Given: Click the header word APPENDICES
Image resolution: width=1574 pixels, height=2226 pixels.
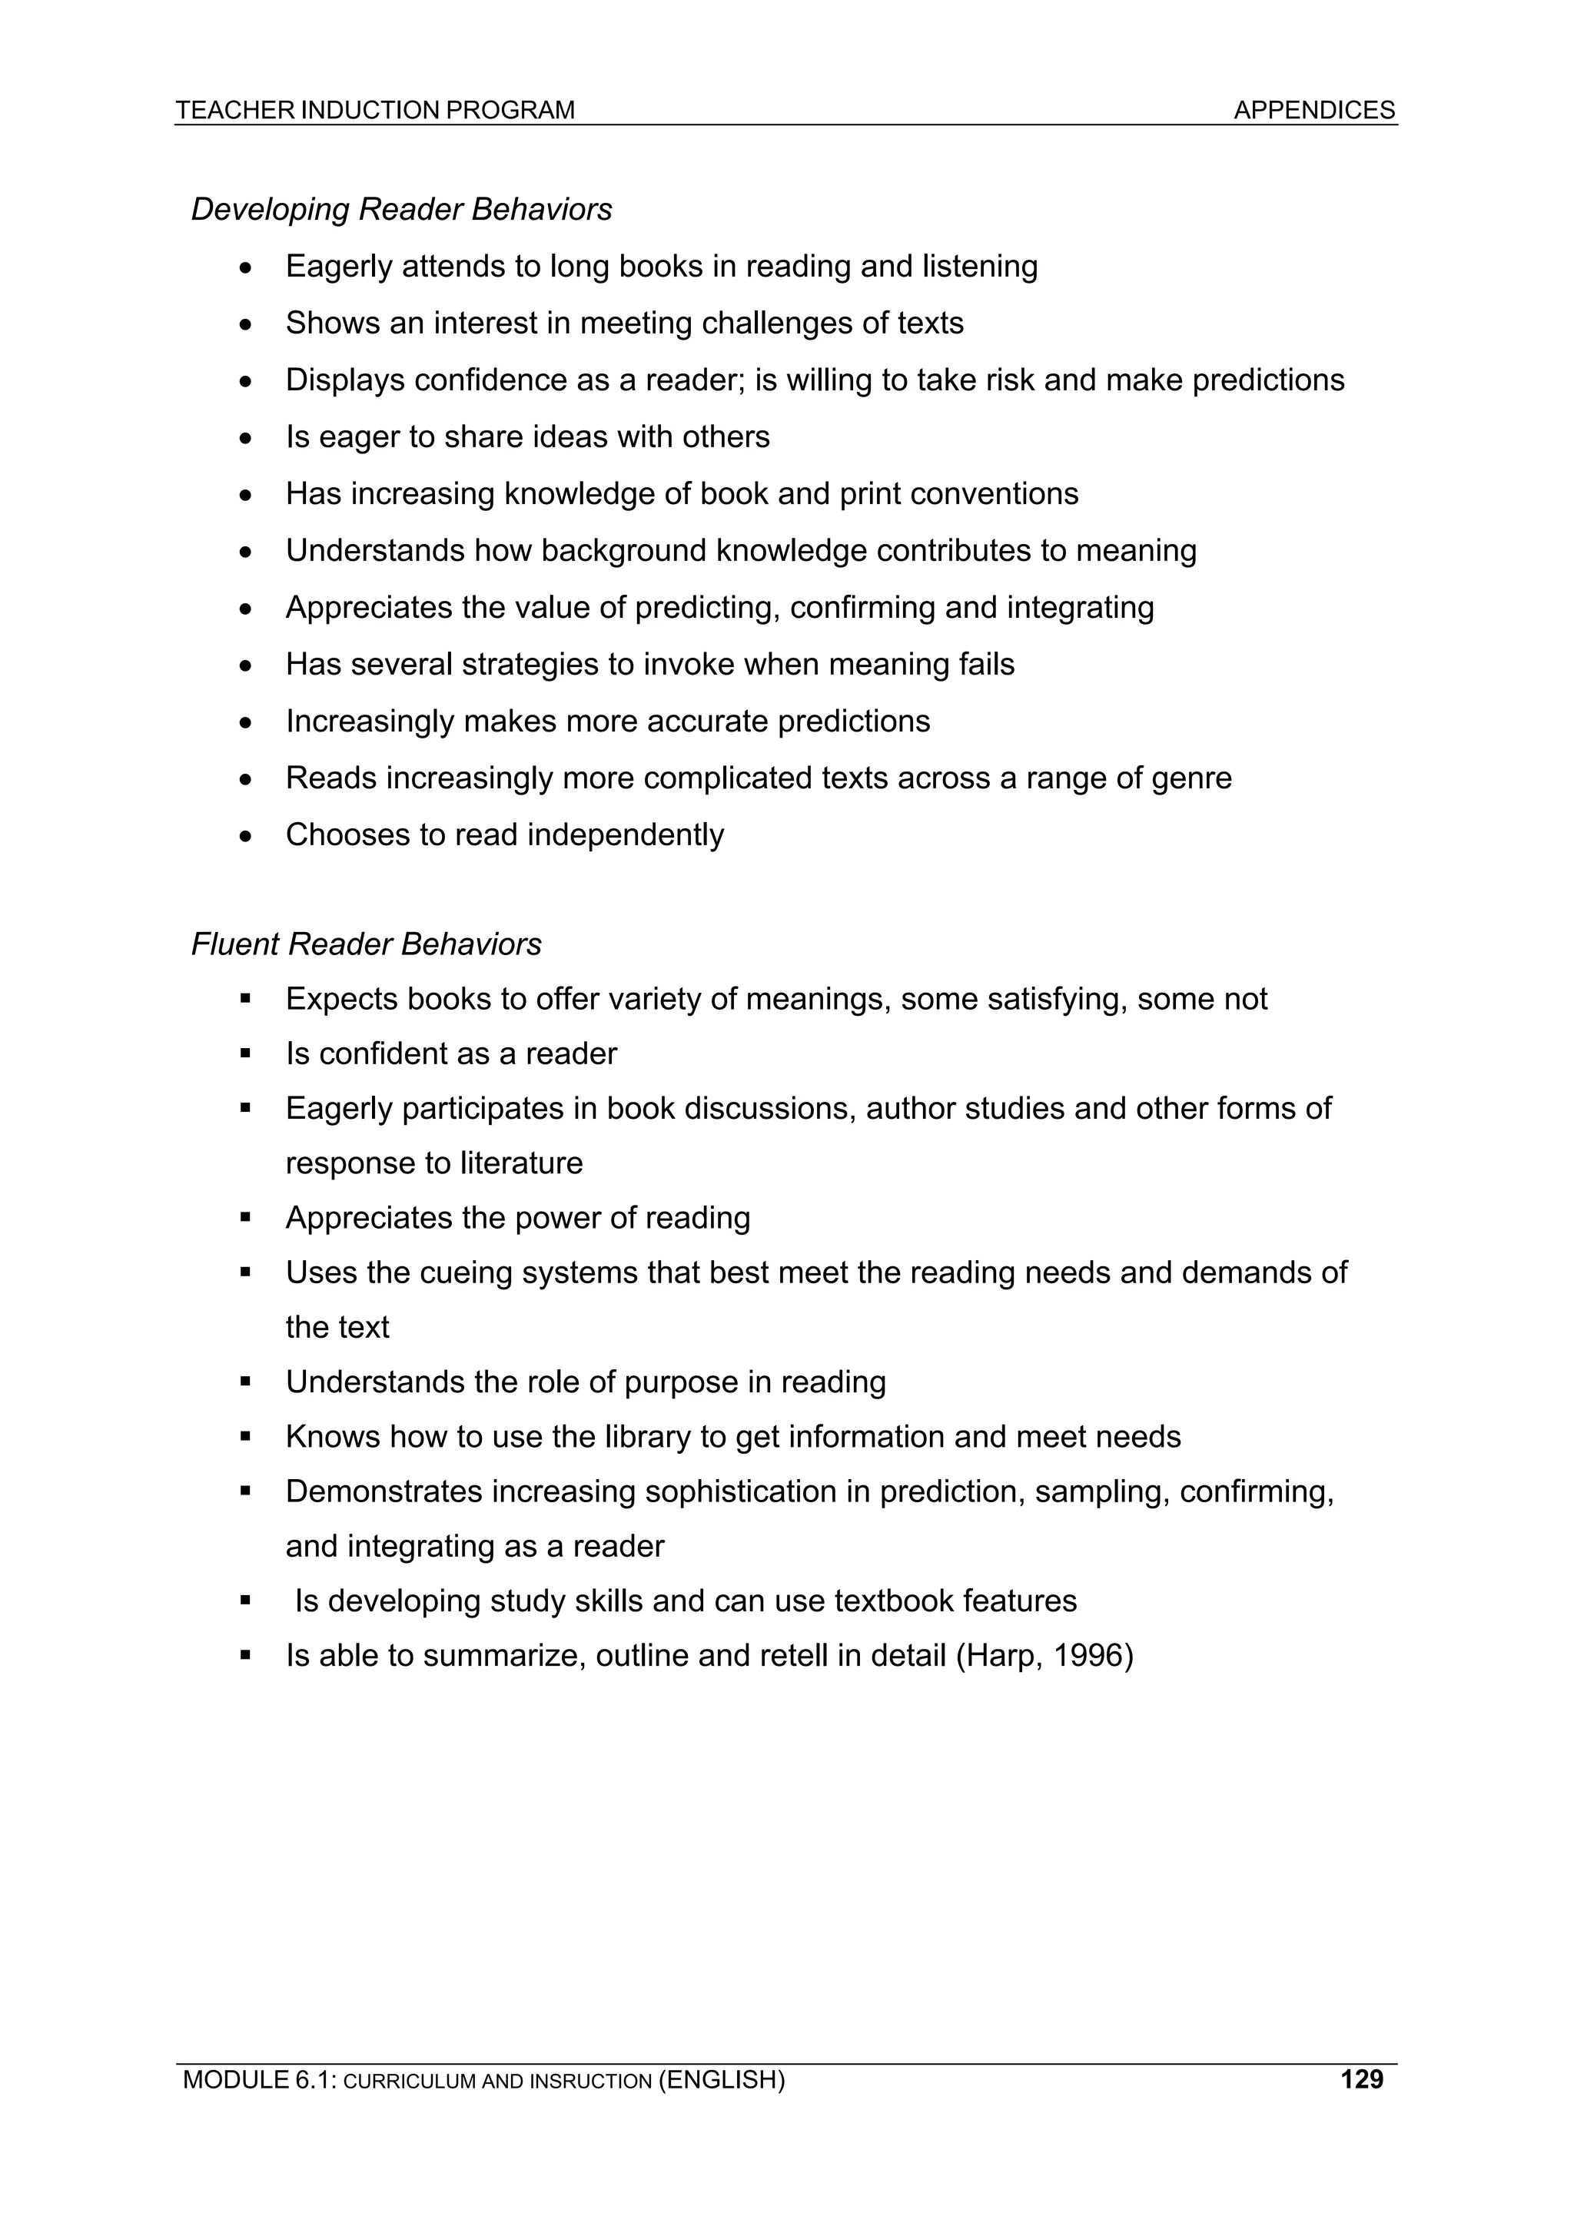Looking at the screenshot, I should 1313,111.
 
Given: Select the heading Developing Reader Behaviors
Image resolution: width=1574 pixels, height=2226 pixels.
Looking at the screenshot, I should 401,210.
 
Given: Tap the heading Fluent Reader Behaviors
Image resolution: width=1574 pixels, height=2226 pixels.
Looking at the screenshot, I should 366,944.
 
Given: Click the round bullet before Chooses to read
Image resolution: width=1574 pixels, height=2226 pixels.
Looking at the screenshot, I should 247,836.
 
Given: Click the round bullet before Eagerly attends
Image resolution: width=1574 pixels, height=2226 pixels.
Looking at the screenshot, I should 247,267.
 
